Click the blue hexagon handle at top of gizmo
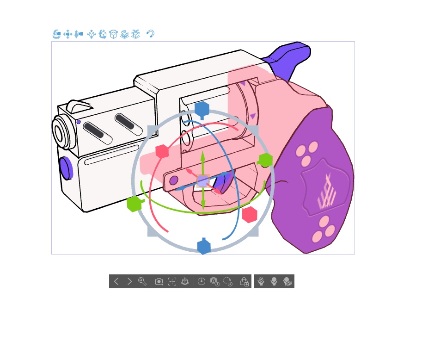pyautogui.click(x=202, y=110)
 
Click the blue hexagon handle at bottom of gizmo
pyautogui.click(x=204, y=247)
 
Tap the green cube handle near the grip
pyautogui.click(x=265, y=161)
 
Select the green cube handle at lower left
pyautogui.click(x=134, y=204)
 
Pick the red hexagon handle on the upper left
pyautogui.click(x=162, y=151)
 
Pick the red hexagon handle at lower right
pyautogui.click(x=250, y=215)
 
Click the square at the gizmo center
pyautogui.click(x=203, y=181)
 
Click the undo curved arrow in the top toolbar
pyautogui.click(x=150, y=34)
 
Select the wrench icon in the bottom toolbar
pyautogui.click(x=142, y=281)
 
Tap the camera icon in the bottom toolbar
pyautogui.click(x=159, y=281)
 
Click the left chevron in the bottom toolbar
pyautogui.click(x=116, y=281)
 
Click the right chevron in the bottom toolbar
pyautogui.click(x=129, y=281)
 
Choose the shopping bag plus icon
pyautogui.click(x=245, y=281)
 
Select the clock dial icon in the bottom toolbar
pyautogui.click(x=201, y=281)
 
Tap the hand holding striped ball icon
pyautogui.click(x=261, y=281)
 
